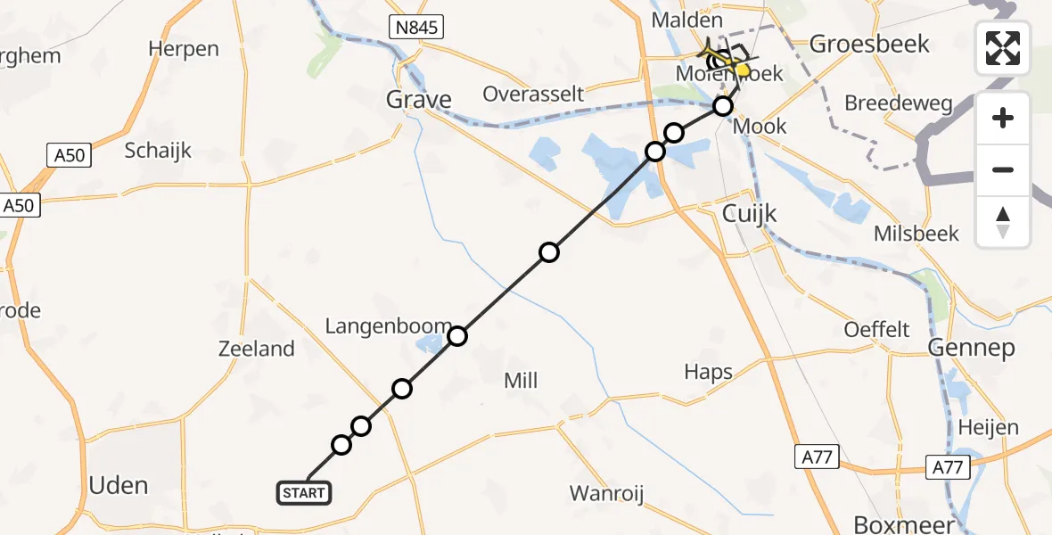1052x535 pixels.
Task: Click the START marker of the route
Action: (x=305, y=492)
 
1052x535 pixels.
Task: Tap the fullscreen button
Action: (x=1003, y=48)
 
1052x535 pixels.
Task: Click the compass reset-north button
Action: (x=1003, y=222)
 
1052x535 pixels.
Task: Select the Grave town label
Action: (x=418, y=99)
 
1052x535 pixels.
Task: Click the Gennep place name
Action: (x=971, y=347)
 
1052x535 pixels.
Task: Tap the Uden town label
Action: (x=119, y=485)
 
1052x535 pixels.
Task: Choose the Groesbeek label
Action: (x=869, y=44)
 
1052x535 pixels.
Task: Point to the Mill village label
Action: (x=521, y=381)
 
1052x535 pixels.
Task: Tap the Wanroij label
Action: (x=606, y=493)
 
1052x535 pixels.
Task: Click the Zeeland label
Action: (x=257, y=349)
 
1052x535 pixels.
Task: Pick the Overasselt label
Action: (x=533, y=94)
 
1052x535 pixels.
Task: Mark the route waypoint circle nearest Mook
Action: (x=723, y=107)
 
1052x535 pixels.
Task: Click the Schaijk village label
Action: (x=158, y=150)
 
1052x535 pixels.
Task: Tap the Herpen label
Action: (x=184, y=48)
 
